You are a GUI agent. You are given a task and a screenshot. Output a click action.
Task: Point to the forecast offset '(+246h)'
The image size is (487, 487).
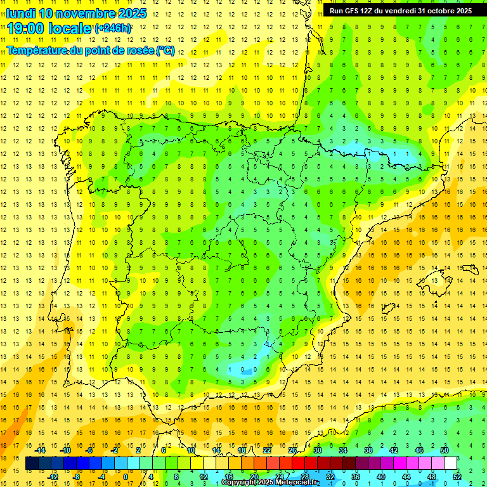pos(114,29)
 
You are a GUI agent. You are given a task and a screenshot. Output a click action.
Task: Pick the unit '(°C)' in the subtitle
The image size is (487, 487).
pos(165,50)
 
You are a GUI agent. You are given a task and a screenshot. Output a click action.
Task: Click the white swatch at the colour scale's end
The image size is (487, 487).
pos(450,464)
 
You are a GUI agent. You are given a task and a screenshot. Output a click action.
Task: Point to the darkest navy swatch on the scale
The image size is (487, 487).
pos(32,464)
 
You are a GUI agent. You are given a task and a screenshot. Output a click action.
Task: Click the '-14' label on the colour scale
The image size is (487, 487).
pos(41,450)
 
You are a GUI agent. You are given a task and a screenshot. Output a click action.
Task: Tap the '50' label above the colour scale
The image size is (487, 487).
pos(445,450)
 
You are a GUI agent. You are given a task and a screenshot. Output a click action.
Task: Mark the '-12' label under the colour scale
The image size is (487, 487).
pos(53,477)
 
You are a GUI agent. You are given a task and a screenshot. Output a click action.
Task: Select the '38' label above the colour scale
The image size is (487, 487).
pos(368,450)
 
